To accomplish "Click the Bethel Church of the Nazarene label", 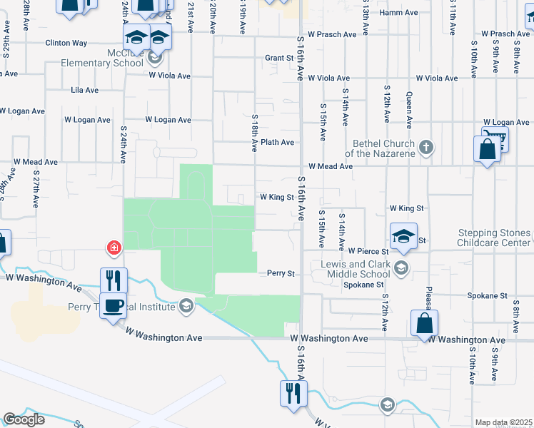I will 383,148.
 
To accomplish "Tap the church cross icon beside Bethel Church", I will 426,148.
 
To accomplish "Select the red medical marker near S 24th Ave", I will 114,248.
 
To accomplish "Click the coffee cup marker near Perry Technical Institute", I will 113,307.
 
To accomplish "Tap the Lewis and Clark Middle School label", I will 356,269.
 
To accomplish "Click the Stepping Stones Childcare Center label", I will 494,238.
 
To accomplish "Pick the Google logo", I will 24,419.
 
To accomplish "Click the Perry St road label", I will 281,273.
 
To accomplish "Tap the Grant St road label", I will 279,58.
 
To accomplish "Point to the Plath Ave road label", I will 278,143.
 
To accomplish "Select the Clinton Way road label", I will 66,43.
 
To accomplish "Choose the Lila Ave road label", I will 84,90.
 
